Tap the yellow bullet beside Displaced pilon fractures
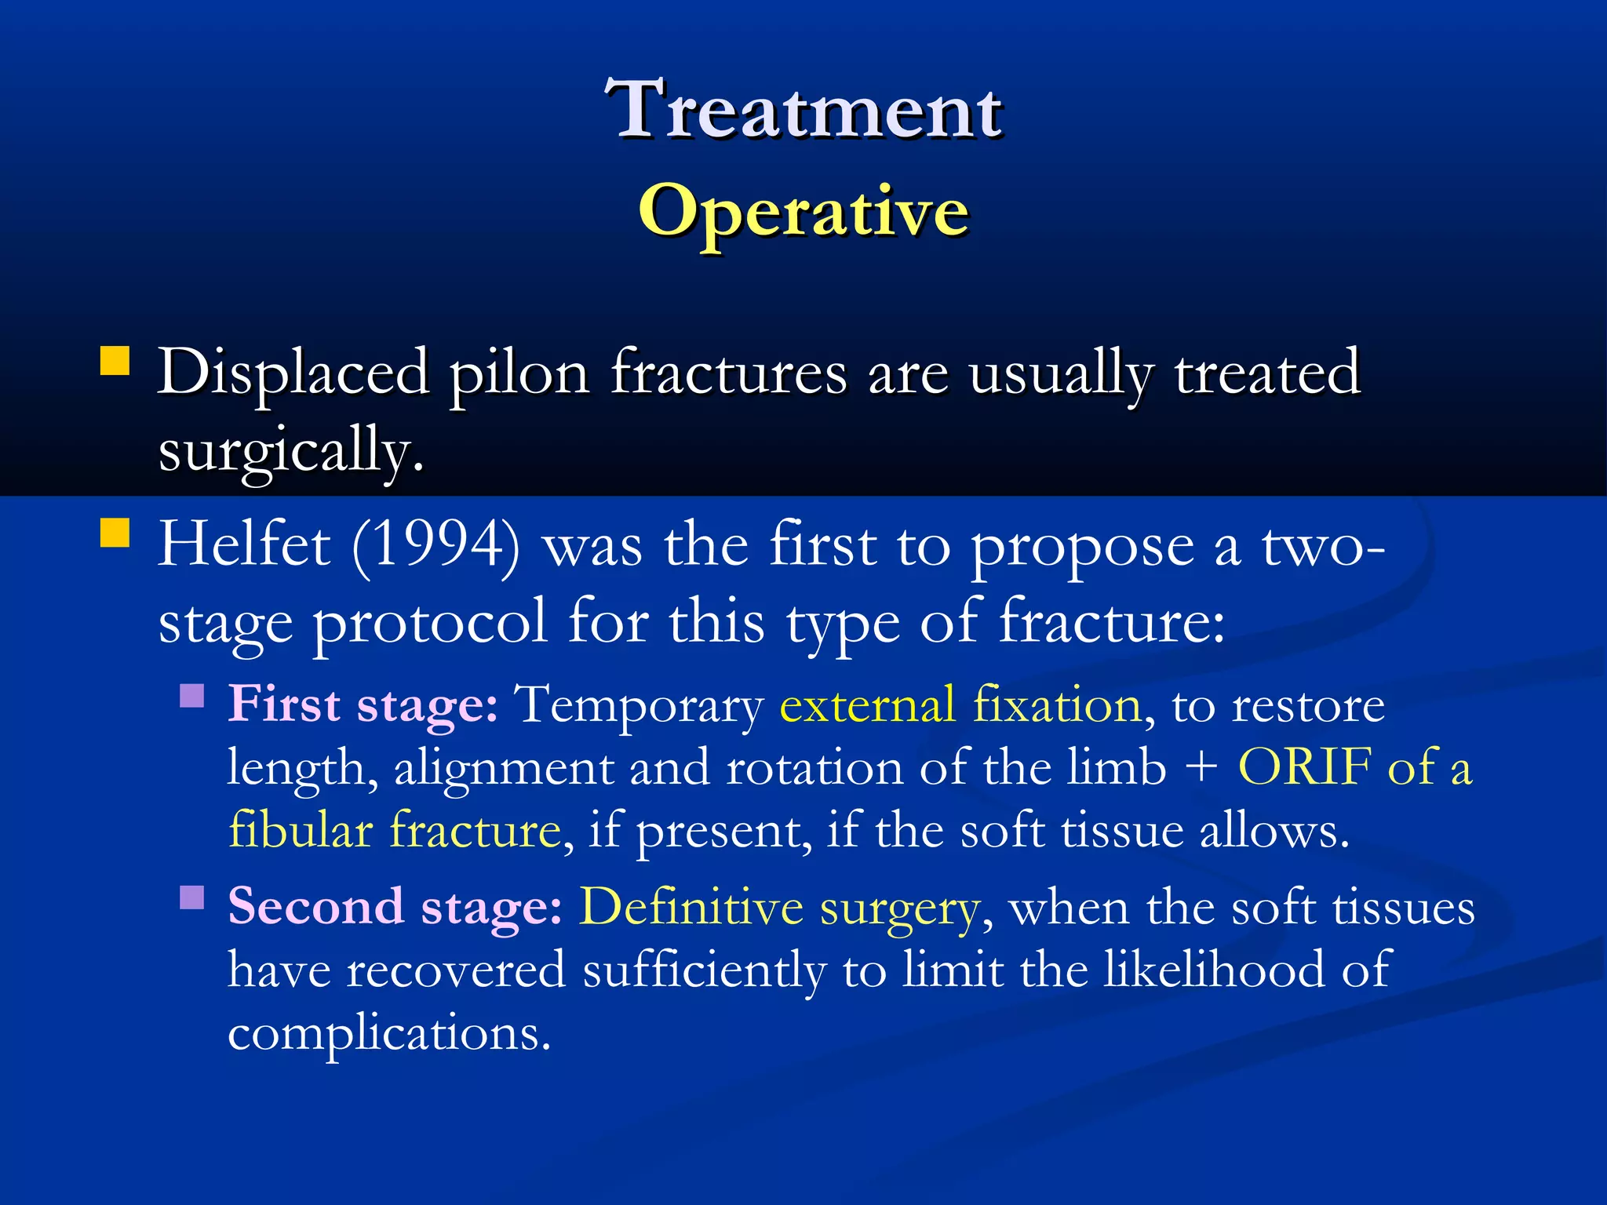coord(115,362)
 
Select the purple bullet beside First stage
coord(192,696)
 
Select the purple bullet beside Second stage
coord(192,897)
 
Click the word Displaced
coord(293,373)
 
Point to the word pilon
coord(519,373)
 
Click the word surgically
coord(290,451)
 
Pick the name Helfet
coord(244,545)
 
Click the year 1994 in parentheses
coord(436,545)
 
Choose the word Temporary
coord(639,704)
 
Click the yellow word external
coord(867,704)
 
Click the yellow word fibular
coord(301,830)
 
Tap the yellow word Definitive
coord(691,908)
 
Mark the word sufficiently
coord(705,970)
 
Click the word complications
coord(389,1033)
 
